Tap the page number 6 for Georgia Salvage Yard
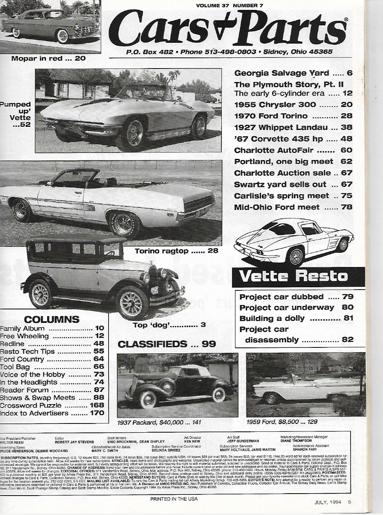point(349,73)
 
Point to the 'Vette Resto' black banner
point(293,276)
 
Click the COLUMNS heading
point(51,319)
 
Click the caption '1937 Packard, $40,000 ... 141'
point(159,422)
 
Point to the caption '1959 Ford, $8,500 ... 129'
point(282,422)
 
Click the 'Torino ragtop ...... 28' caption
point(176,251)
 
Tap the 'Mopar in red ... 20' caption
point(48,59)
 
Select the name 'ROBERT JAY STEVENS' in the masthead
point(74,442)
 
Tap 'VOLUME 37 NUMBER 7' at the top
point(229,5)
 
